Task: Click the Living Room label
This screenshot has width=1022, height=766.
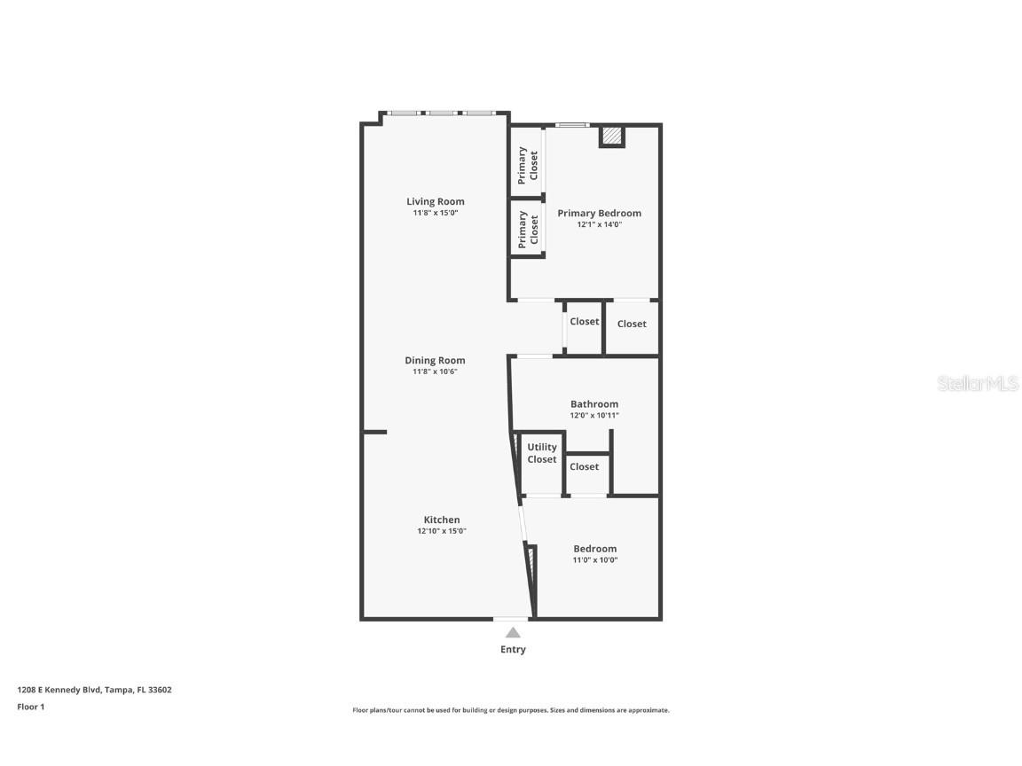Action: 435,201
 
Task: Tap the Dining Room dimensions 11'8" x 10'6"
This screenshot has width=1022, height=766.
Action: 435,371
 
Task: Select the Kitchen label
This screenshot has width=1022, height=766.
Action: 441,520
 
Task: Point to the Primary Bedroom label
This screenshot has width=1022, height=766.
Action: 599,213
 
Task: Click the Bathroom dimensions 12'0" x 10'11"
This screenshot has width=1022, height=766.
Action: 594,415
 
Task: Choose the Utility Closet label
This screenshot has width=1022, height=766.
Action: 542,453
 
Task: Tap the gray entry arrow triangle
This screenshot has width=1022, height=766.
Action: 513,632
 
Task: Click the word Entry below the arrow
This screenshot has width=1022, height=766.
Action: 513,650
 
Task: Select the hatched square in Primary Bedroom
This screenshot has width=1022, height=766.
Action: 611,137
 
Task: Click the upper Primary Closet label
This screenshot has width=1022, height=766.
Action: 528,165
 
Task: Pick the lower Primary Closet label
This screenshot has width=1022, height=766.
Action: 528,228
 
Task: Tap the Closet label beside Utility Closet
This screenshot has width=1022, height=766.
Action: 584,466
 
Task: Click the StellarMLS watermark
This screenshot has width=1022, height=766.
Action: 978,384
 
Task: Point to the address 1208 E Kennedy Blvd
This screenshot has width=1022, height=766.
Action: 94,689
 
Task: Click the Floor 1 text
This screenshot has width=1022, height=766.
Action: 30,707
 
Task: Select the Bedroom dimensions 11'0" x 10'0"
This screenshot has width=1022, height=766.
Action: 594,559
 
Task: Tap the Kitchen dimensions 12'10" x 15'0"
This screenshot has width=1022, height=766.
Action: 441,531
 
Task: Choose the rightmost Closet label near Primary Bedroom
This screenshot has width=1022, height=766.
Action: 632,324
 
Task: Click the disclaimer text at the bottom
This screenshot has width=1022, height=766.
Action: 511,710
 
